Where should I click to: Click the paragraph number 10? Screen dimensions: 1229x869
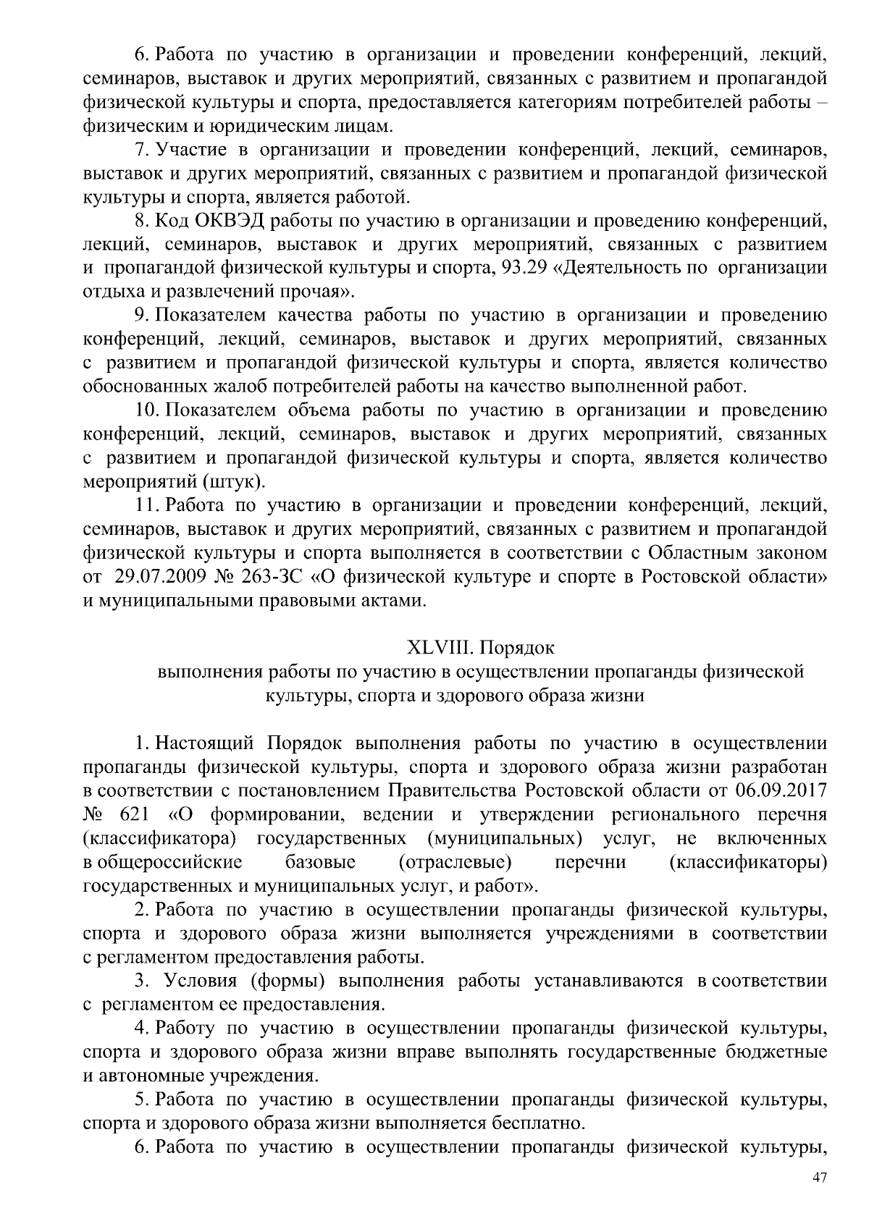pyautogui.click(x=147, y=410)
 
